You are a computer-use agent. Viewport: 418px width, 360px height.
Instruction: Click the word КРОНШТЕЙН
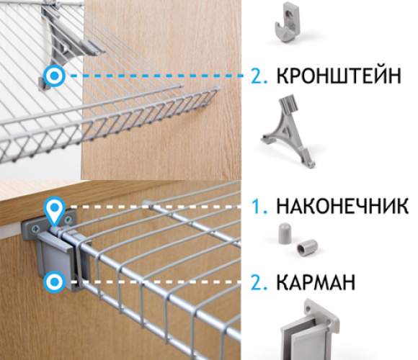[x=339, y=76]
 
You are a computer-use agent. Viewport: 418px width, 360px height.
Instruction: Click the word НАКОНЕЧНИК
[x=342, y=206]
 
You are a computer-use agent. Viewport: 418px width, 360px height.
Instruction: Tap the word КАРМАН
[x=316, y=282]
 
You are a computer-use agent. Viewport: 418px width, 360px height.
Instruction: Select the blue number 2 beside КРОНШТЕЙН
[x=259, y=76]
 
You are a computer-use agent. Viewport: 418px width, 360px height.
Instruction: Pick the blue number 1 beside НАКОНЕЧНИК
[x=259, y=206]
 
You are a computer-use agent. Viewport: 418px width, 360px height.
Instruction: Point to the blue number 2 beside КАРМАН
[x=259, y=282]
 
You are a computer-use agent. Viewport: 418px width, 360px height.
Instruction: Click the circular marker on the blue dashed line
[x=55, y=76]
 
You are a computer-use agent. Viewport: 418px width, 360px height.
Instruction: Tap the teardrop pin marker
[x=55, y=210]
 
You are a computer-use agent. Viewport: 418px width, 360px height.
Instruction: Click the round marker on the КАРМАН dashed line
[x=55, y=282]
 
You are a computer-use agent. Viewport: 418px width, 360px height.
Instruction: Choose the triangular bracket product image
[x=288, y=132]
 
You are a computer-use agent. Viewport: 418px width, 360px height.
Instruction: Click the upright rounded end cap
[x=285, y=233]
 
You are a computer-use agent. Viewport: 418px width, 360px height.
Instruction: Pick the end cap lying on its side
[x=307, y=246]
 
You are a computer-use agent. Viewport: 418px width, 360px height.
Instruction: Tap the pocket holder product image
[x=309, y=330]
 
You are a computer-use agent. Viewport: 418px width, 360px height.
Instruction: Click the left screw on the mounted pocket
[x=35, y=228]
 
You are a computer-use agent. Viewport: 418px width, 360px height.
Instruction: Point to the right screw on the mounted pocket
[x=68, y=220]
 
